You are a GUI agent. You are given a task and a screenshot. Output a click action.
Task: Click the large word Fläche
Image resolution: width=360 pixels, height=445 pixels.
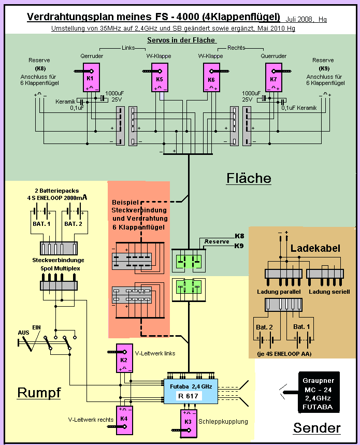(x=249, y=178)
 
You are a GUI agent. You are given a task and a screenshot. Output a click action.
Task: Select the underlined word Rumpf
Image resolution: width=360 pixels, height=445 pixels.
(x=39, y=393)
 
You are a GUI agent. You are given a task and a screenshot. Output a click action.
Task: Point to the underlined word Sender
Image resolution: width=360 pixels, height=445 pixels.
(x=316, y=428)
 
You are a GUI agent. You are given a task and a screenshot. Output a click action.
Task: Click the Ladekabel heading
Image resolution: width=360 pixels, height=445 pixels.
(x=315, y=248)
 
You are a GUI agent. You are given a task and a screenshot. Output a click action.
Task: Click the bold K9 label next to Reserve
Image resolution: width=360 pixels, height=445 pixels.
(x=239, y=246)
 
